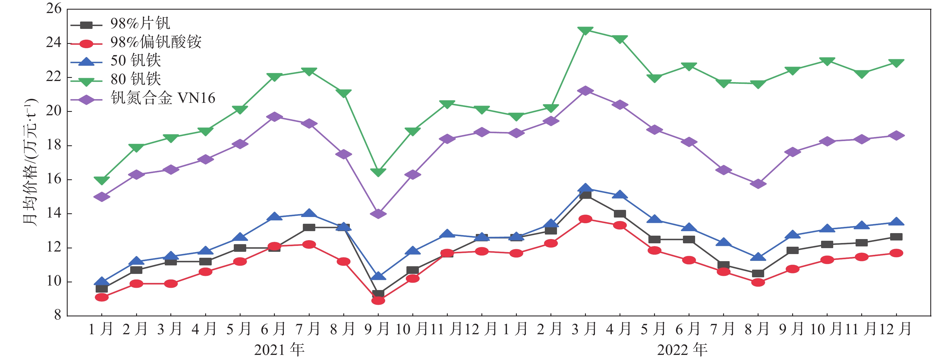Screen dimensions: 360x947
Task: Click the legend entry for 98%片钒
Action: click(x=140, y=24)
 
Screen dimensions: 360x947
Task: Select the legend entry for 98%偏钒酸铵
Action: click(x=155, y=42)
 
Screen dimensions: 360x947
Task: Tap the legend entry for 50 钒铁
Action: click(x=136, y=61)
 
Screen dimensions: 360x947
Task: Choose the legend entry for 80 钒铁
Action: click(x=136, y=79)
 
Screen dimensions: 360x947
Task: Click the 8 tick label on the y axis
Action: click(x=57, y=315)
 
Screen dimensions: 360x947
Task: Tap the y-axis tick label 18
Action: click(x=54, y=145)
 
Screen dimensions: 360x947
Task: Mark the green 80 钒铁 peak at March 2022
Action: click(x=585, y=30)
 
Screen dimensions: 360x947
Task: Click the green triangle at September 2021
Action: click(x=378, y=172)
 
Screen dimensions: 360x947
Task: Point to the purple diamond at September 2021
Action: click(x=378, y=214)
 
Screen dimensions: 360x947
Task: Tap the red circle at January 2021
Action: click(x=102, y=297)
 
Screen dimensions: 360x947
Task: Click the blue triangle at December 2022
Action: click(x=896, y=222)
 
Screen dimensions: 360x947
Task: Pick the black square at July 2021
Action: click(x=309, y=228)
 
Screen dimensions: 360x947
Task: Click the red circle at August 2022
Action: click(x=758, y=282)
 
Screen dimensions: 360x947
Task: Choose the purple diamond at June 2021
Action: click(x=274, y=117)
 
